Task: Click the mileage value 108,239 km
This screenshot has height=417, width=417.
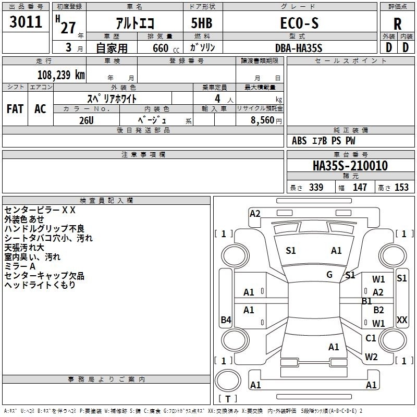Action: pos(60,75)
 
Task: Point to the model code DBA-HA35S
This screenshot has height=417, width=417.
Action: pos(299,48)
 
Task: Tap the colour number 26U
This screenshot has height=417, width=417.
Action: pos(86,119)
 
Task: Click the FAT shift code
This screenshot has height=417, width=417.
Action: pos(15,108)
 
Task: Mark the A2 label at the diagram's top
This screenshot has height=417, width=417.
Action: pos(255,213)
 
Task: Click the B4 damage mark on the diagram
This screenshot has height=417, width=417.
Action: pos(226,320)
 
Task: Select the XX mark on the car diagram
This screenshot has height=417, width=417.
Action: pos(402,320)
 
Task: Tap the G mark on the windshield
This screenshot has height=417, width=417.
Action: pos(329,275)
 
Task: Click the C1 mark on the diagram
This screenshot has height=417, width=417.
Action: pos(371,338)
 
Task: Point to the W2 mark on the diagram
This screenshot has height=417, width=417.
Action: pos(371,357)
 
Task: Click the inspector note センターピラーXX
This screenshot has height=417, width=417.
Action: pos(40,210)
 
